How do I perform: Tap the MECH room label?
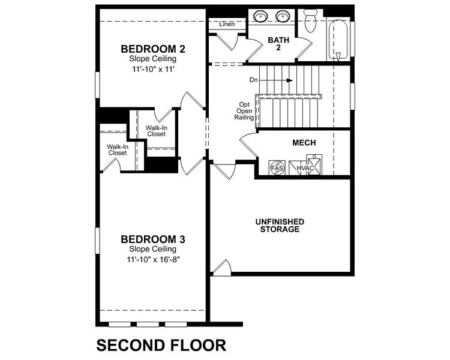coord(304,143)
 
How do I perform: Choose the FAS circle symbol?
coord(277,167)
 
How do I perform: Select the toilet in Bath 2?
coord(310,22)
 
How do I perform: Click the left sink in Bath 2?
coord(262,17)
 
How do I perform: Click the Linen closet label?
coord(227,25)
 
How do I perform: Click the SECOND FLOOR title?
coord(161,346)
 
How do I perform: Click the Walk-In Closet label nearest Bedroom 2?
coord(156,131)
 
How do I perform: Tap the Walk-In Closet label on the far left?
coord(117,149)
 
